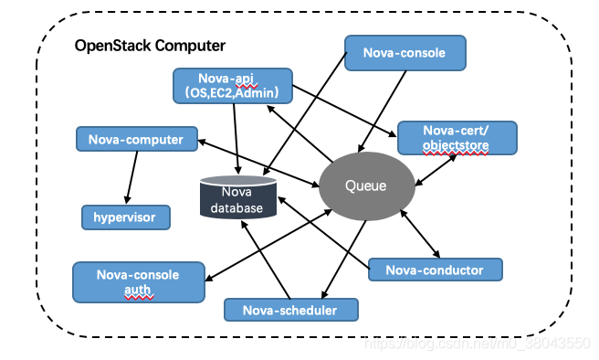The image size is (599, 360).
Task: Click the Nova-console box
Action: coord(405,53)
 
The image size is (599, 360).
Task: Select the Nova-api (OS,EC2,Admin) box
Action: coord(233,85)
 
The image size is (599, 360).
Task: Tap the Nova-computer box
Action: coord(136,140)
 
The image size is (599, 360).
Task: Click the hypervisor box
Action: coord(125,217)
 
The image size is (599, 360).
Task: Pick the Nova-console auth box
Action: coord(138,282)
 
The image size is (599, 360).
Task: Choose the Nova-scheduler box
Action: coord(290,310)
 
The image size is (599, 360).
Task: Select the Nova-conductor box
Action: coord(436,270)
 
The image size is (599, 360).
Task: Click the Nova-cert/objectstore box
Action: coord(457,138)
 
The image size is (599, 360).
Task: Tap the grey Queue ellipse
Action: coord(365,185)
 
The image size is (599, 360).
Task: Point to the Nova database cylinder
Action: coord(238,199)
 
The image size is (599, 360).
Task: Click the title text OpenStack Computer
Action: coord(150,45)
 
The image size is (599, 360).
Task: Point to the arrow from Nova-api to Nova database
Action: coord(236,137)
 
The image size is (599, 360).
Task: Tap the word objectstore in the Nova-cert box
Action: coord(457,145)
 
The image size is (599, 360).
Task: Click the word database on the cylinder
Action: coord(238,208)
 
